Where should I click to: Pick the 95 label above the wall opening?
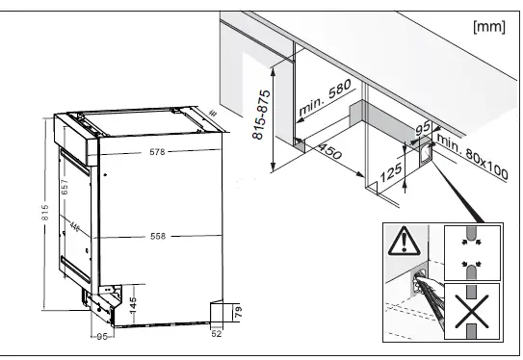422,129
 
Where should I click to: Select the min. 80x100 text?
472,156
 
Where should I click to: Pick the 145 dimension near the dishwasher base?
133,301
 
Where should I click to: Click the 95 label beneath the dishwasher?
99,335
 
